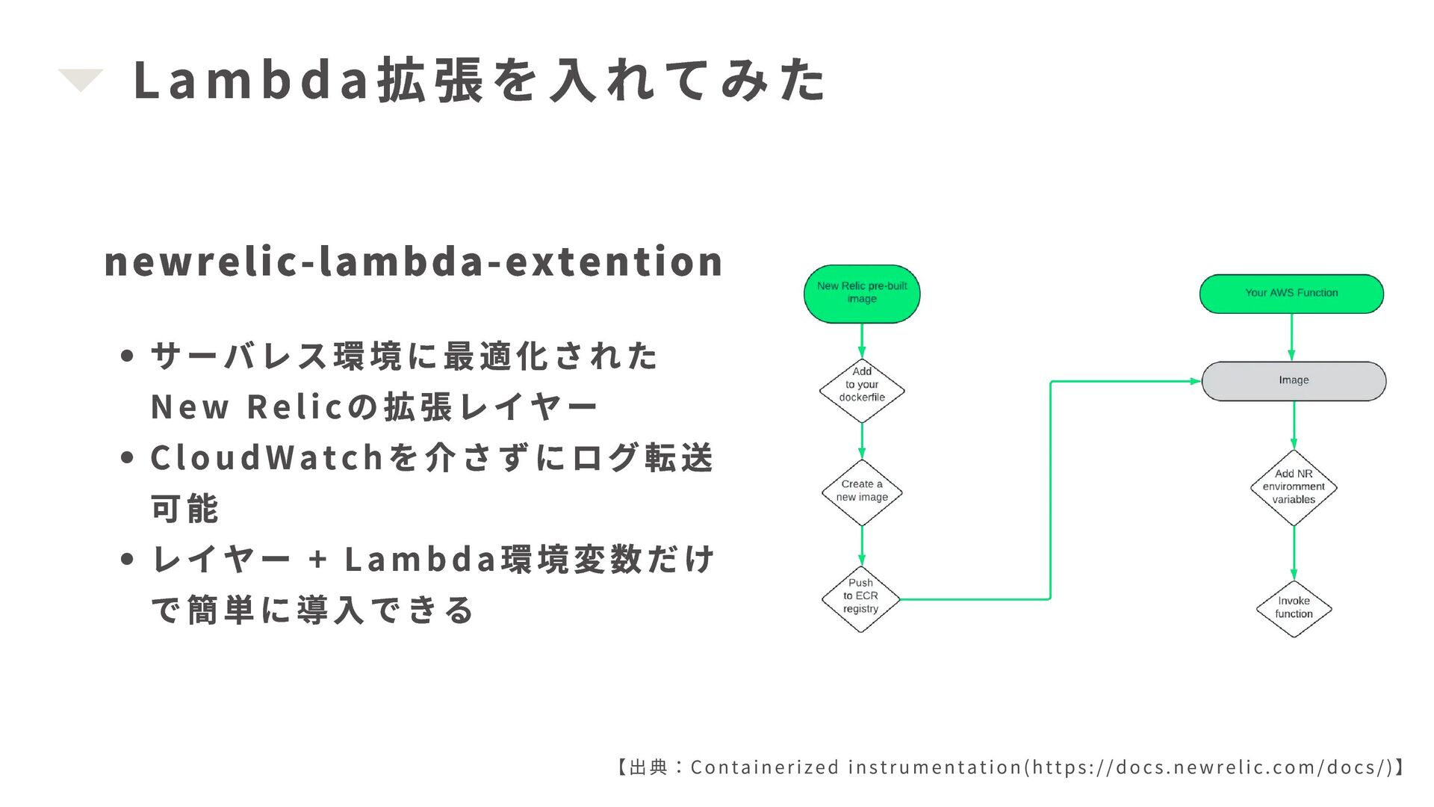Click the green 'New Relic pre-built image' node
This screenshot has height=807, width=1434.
[862, 294]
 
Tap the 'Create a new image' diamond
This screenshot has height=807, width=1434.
[862, 492]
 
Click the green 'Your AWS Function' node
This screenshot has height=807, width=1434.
[1291, 294]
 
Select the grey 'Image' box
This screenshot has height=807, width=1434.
[1294, 381]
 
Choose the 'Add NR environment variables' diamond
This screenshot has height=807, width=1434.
[1294, 487]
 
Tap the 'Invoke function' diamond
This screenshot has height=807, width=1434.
[1294, 608]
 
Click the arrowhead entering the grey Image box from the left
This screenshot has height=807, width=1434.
[1194, 381]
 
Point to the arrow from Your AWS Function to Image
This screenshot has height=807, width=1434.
[1291, 338]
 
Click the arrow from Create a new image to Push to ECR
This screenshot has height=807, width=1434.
[862, 545]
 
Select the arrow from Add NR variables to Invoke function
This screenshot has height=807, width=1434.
[1294, 553]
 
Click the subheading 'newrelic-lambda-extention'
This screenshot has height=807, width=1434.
[413, 262]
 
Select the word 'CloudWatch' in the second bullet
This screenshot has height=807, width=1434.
[267, 458]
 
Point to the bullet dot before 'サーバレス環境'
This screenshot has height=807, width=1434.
[127, 356]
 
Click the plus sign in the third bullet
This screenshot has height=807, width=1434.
[318, 560]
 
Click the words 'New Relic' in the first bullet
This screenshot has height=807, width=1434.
[246, 407]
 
